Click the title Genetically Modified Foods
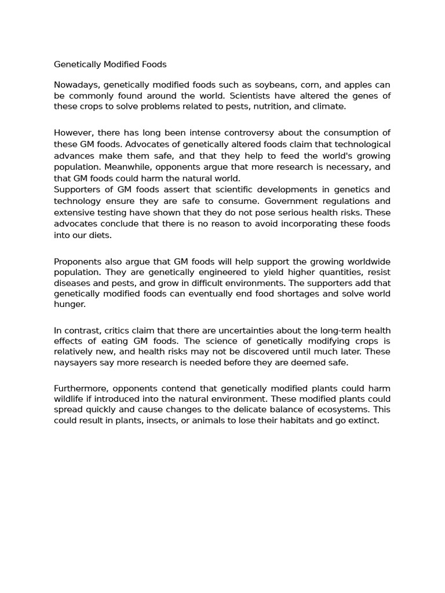pyautogui.click(x=110, y=64)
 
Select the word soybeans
pyautogui.click(x=275, y=85)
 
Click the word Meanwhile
pyautogui.click(x=123, y=167)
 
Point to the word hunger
pyautogui.click(x=69, y=304)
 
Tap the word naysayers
pyautogui.click(x=76, y=363)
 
